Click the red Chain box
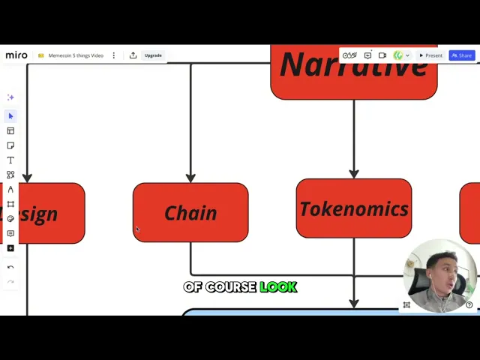(x=190, y=213)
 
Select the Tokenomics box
(x=353, y=208)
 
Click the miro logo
(x=16, y=55)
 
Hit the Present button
(x=431, y=55)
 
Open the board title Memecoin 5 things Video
(x=75, y=55)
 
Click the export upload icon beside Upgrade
(x=133, y=55)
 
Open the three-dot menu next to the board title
(x=114, y=55)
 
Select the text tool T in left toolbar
(x=10, y=160)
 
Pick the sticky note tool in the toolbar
(x=10, y=145)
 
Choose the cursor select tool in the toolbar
(x=10, y=115)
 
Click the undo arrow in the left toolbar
(x=10, y=267)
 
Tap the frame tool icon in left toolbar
(x=10, y=204)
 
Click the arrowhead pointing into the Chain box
(x=190, y=178)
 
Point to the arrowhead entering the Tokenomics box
(x=353, y=174)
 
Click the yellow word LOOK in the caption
(x=278, y=287)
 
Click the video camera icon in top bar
(x=382, y=55)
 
